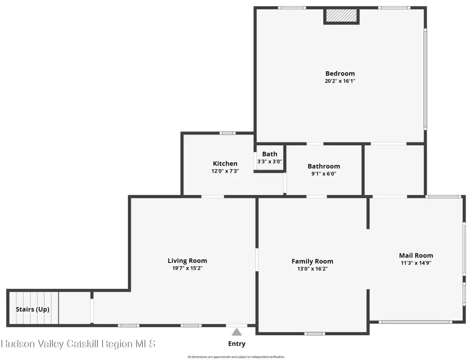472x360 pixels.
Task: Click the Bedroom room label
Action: coord(340,74)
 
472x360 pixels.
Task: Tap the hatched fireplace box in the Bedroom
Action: coord(342,15)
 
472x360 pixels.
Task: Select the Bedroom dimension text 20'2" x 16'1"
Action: coord(340,81)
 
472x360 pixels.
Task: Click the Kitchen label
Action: coord(225,164)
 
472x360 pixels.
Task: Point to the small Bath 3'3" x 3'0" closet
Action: coord(270,158)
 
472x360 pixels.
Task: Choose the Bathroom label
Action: coord(324,166)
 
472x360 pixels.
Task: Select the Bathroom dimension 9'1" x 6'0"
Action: coord(324,173)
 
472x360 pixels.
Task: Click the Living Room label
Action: coord(187,261)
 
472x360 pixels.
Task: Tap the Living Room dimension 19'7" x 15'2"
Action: coord(187,268)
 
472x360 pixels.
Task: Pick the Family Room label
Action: coord(312,262)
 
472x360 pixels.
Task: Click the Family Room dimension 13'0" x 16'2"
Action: coord(312,269)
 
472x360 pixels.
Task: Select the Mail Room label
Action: coord(416,255)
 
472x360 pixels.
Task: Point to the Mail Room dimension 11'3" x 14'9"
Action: coord(416,263)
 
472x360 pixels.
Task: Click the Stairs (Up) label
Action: coord(32,309)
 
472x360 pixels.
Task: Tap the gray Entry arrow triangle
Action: coord(236,332)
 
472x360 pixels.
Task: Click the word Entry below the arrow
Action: coord(236,344)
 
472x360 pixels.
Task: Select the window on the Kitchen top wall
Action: coord(227,133)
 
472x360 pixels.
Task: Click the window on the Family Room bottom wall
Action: coord(314,334)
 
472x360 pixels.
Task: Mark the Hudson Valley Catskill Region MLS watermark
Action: coord(78,344)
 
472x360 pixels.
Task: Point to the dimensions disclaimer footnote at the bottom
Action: coord(236,357)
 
